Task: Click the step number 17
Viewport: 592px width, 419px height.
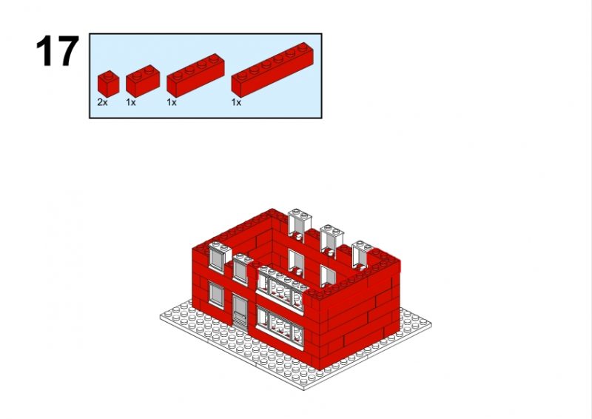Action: tap(58, 50)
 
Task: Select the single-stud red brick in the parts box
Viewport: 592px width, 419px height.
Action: tap(108, 84)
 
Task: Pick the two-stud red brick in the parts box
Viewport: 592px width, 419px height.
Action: tap(143, 81)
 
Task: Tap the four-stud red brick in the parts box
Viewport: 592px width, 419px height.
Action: tap(195, 76)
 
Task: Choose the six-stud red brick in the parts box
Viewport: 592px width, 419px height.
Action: tap(272, 70)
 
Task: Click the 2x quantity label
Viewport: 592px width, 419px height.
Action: tap(102, 102)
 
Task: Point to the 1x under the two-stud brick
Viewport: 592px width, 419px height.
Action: tap(131, 102)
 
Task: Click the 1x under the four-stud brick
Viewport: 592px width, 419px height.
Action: tap(172, 102)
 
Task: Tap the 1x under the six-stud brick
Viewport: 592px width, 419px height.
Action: tap(236, 102)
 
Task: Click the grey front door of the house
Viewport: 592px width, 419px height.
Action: tap(240, 312)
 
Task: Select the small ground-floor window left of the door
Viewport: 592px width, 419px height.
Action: tap(216, 294)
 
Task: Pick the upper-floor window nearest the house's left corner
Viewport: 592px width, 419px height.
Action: tap(217, 257)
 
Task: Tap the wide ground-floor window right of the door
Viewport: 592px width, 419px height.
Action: tap(280, 326)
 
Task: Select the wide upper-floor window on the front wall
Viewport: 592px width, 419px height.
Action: tap(280, 289)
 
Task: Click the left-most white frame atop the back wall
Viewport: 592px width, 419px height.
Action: tap(300, 225)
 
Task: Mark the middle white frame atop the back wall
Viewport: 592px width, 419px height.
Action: tap(332, 240)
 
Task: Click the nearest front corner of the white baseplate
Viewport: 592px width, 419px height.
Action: tap(304, 389)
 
